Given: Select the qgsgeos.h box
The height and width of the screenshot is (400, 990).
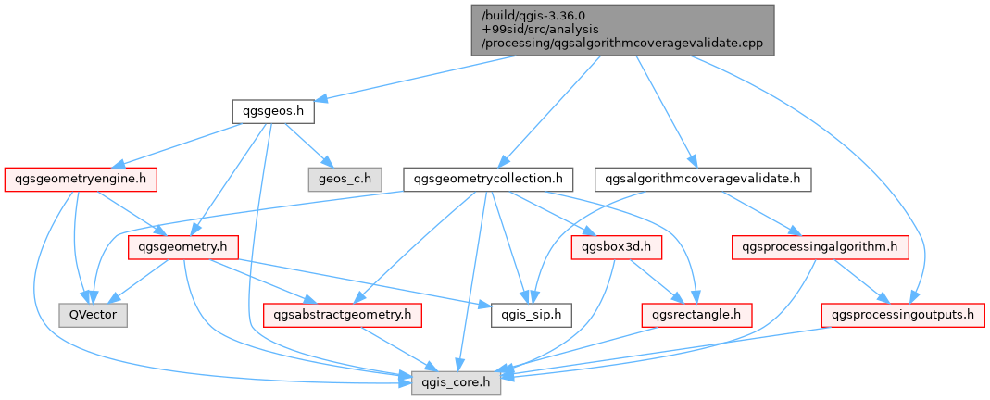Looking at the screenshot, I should pyautogui.click(x=272, y=112).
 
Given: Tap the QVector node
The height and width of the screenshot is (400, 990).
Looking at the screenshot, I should pyautogui.click(x=93, y=314).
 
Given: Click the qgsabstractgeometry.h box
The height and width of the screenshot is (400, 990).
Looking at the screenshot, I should pyautogui.click(x=343, y=314).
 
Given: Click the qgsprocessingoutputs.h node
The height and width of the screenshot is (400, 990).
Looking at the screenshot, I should pyautogui.click(x=904, y=314).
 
